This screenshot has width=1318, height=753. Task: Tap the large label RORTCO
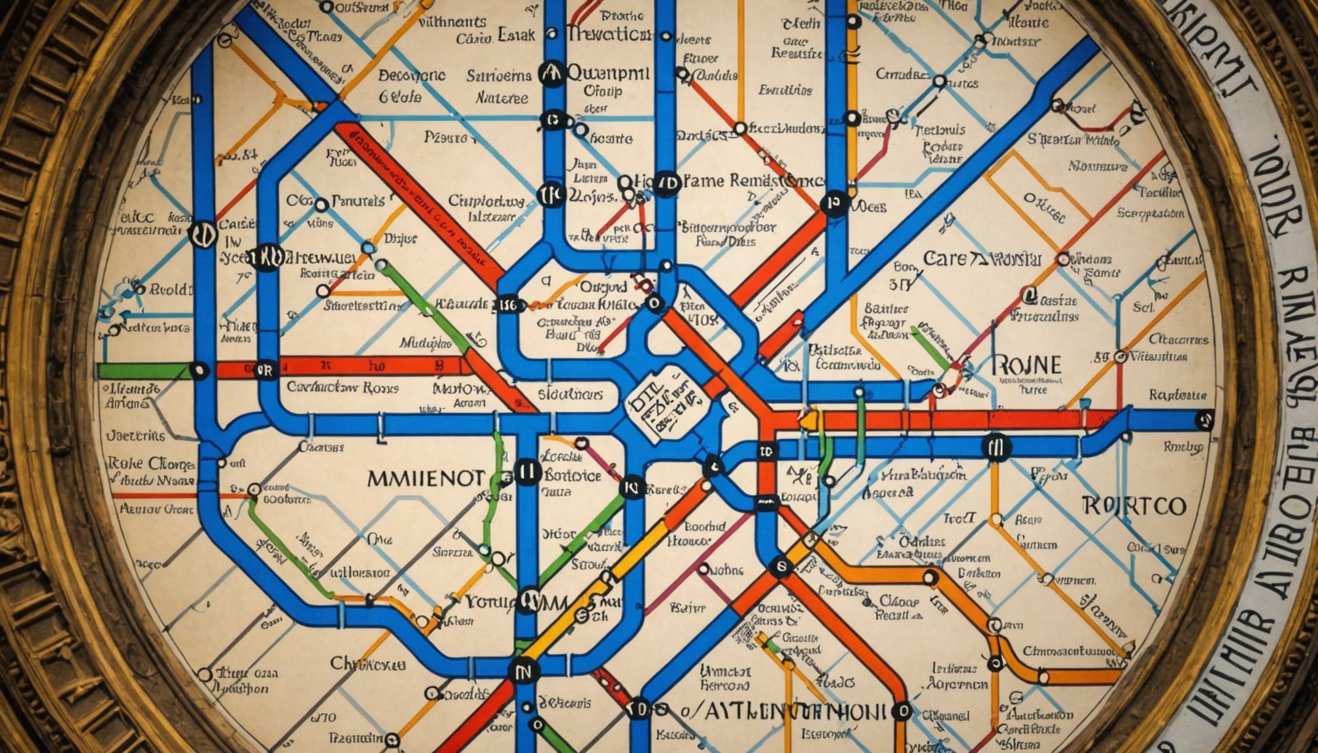coord(1133,506)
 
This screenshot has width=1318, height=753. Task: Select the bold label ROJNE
coord(1026,365)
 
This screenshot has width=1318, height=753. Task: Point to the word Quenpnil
coord(608,72)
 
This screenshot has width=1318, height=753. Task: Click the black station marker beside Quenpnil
coord(552,74)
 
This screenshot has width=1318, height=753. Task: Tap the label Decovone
coord(412,76)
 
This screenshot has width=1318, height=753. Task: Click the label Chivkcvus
coord(367,664)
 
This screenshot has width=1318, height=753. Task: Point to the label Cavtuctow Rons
coord(343,388)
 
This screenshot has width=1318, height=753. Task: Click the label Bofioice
coord(573,475)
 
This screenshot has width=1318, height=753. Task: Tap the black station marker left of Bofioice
coord(527,471)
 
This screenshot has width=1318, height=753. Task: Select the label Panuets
coord(358,201)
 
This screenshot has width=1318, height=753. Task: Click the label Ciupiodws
coord(486,201)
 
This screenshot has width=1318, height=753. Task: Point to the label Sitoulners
coord(570,394)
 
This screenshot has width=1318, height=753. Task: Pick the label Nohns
coord(726,570)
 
